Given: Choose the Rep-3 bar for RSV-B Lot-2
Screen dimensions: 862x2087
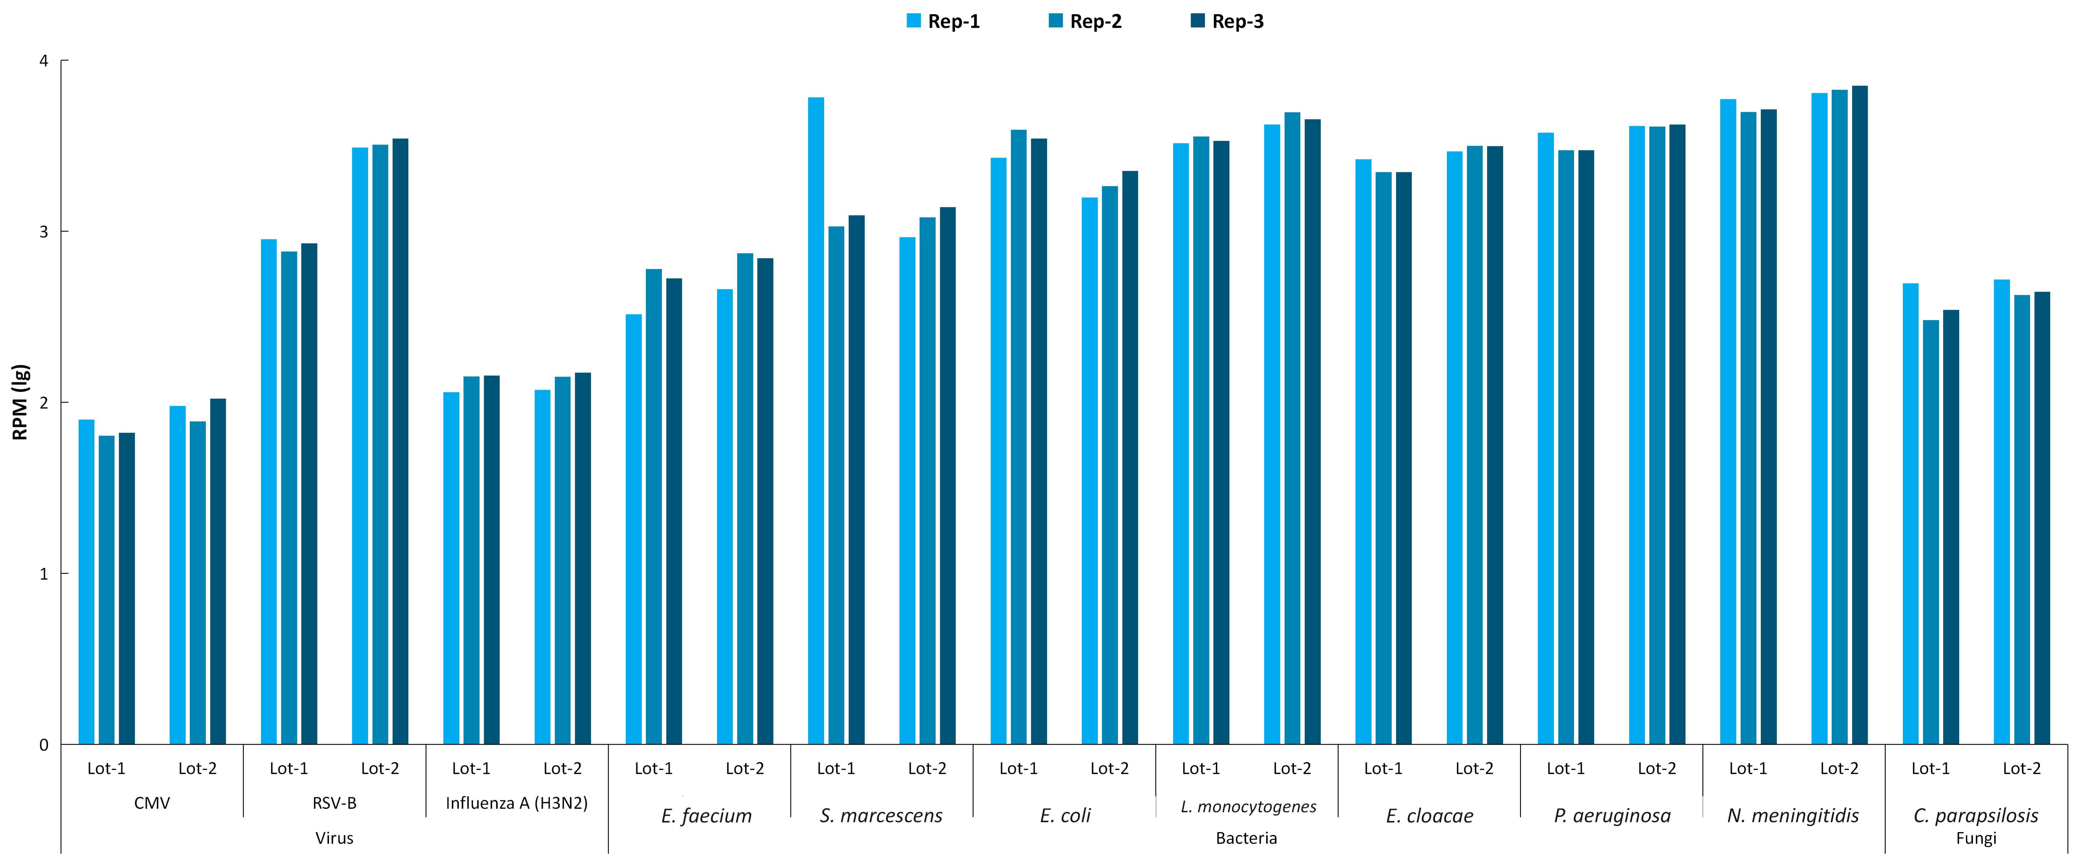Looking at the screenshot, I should point(400,442).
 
